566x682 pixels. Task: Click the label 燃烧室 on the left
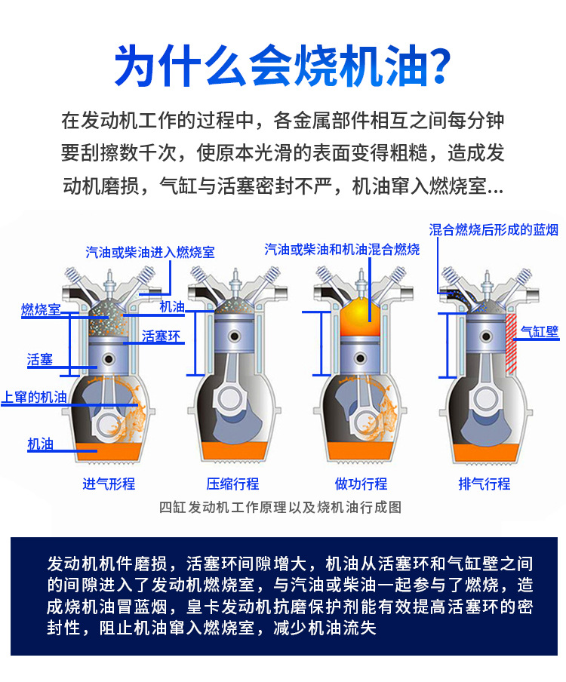41,310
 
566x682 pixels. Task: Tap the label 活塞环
161,336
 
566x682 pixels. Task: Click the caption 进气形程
109,484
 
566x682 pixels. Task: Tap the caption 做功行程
361,484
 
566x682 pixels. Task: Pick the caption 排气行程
484,484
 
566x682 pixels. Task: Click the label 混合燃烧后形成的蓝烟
494,229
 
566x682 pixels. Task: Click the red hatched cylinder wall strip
511,344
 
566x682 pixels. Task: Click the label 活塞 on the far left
39,360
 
